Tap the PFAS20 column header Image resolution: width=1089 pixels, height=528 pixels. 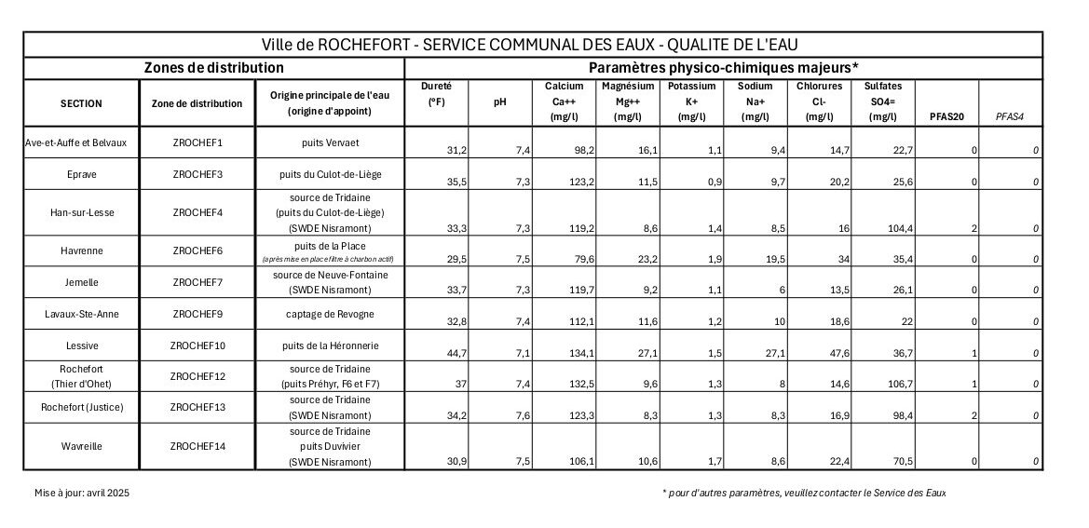947,116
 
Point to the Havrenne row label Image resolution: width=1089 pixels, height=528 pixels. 81,252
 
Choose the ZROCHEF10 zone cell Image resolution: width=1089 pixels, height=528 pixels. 197,345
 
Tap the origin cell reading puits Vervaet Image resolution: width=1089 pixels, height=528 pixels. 330,142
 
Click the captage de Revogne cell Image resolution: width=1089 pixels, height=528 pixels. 330,313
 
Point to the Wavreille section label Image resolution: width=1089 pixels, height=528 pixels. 81,446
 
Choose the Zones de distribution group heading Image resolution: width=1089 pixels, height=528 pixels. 213,68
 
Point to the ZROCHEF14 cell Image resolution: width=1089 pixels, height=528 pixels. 197,446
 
